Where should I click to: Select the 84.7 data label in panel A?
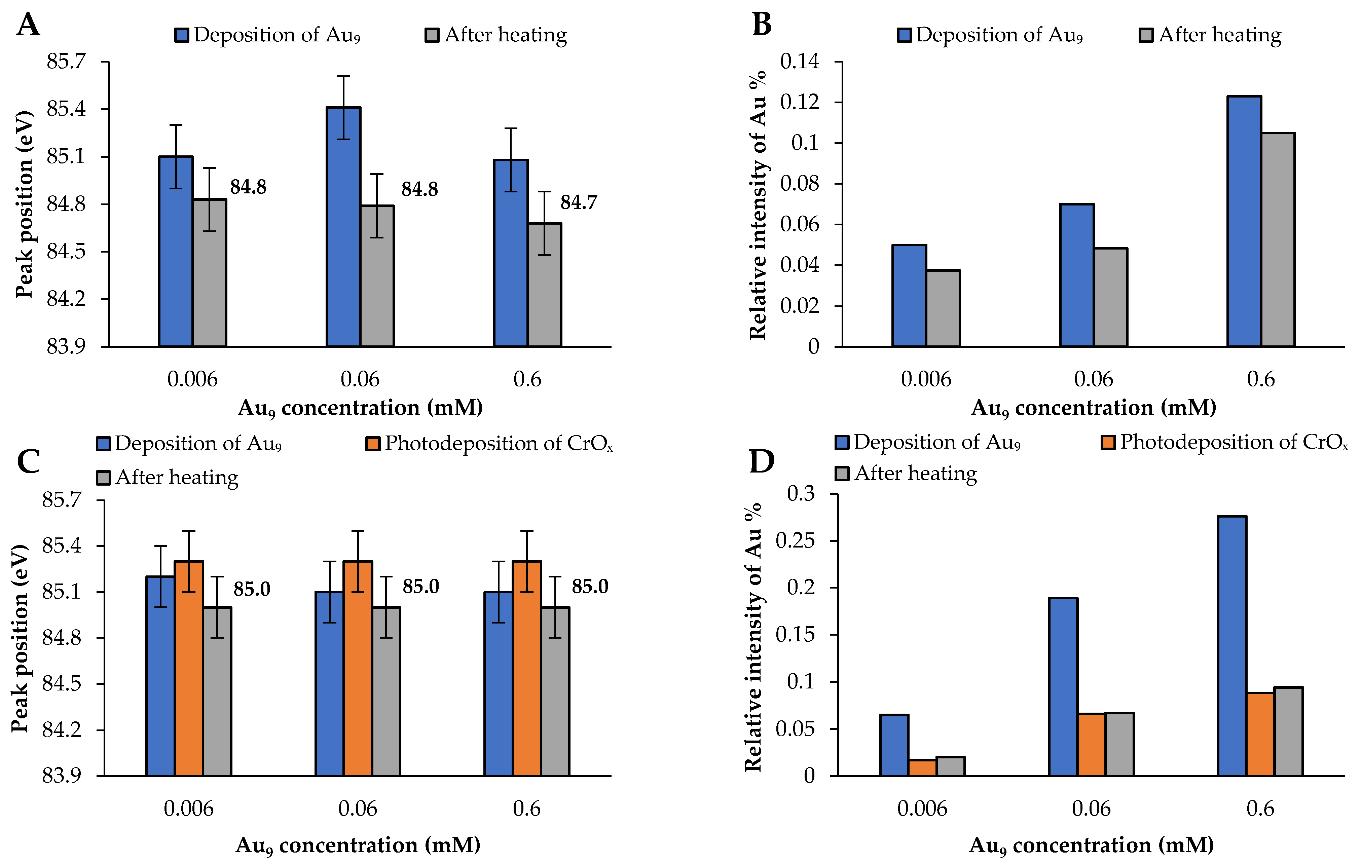click(578, 202)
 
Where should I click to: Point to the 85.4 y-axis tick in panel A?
click(66, 109)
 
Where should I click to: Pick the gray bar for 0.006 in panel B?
click(943, 308)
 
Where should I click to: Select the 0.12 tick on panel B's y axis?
click(799, 102)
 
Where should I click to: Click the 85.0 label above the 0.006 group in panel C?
click(252, 589)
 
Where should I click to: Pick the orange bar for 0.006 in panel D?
click(922, 768)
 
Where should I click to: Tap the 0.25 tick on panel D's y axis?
click(795, 540)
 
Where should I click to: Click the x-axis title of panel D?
click(1092, 846)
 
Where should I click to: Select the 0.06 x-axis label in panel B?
click(1093, 379)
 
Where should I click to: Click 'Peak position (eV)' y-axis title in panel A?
click(24, 204)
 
